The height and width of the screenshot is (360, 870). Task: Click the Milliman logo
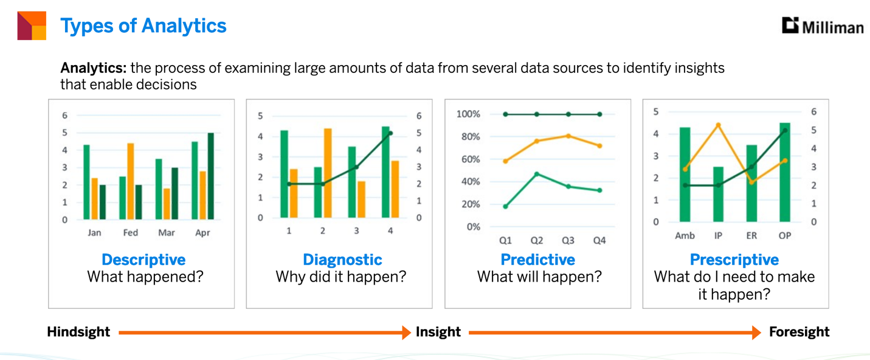pyautogui.click(x=823, y=26)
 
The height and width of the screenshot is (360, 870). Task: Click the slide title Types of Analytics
pyautogui.click(x=143, y=26)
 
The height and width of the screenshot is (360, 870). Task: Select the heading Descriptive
pyautogui.click(x=143, y=260)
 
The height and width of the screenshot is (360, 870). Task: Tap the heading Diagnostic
pyautogui.click(x=342, y=260)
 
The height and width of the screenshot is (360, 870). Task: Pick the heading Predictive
pyautogui.click(x=538, y=260)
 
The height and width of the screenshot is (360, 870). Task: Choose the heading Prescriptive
pyautogui.click(x=734, y=260)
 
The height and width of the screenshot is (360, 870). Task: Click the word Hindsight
pyautogui.click(x=78, y=332)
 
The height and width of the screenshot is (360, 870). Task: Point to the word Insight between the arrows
pyautogui.click(x=438, y=332)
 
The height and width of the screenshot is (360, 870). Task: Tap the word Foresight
pyautogui.click(x=799, y=332)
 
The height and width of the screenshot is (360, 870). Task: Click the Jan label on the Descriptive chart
pyautogui.click(x=94, y=232)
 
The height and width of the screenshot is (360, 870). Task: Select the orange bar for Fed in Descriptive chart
pyautogui.click(x=131, y=181)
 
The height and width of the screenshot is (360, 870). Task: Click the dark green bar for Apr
pyautogui.click(x=210, y=176)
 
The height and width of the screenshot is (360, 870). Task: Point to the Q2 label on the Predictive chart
pyautogui.click(x=537, y=240)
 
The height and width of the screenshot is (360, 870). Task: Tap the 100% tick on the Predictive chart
pyautogui.click(x=468, y=114)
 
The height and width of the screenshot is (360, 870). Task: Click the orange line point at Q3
pyautogui.click(x=568, y=136)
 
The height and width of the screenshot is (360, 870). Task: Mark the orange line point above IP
pyautogui.click(x=719, y=125)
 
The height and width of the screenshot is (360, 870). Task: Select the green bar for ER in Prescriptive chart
pyautogui.click(x=751, y=183)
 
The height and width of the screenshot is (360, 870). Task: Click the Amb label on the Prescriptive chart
pyautogui.click(x=685, y=235)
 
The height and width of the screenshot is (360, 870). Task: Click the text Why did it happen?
pyautogui.click(x=340, y=277)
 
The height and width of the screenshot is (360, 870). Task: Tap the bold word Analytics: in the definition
pyautogui.click(x=94, y=68)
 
